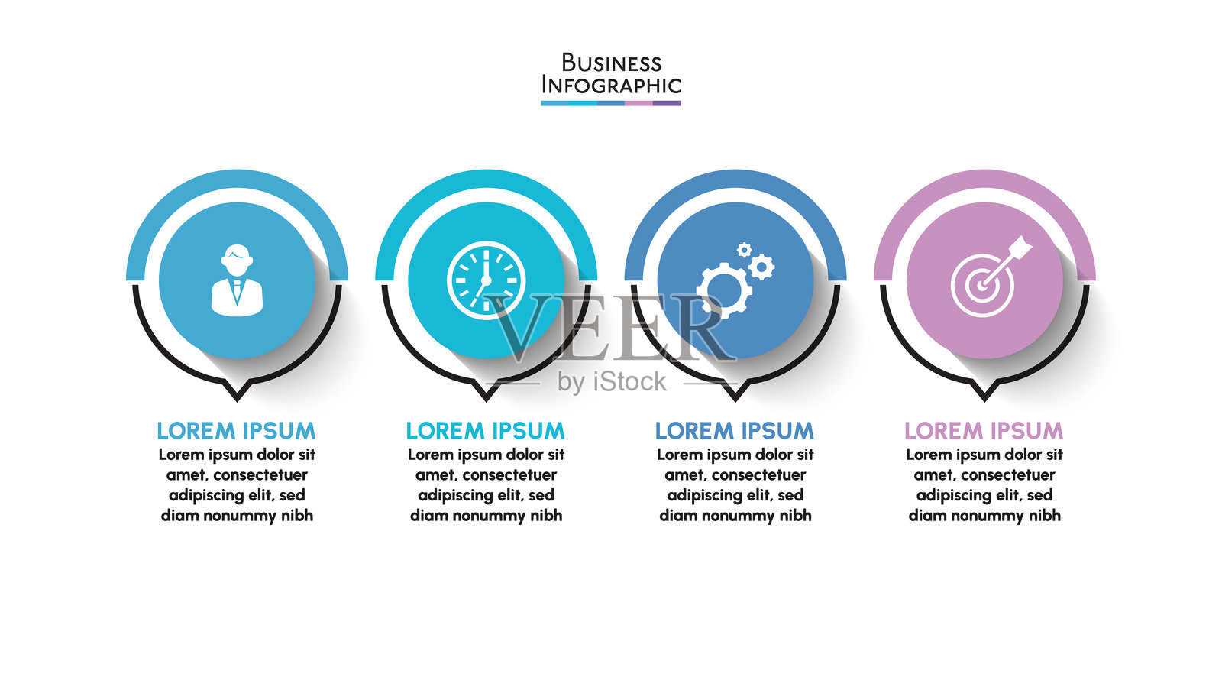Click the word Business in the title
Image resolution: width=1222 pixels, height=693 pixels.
pyautogui.click(x=611, y=63)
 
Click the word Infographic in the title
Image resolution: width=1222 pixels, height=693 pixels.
pyautogui.click(x=611, y=85)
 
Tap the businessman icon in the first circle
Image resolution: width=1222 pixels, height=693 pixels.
pyautogui.click(x=237, y=280)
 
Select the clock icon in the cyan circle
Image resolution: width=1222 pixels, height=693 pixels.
pyautogui.click(x=486, y=280)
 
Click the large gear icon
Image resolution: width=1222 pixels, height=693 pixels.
pyautogui.click(x=723, y=290)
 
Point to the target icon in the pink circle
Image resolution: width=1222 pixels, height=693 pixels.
pyautogui.click(x=983, y=285)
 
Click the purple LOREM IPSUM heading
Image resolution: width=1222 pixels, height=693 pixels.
pyautogui.click(x=984, y=431)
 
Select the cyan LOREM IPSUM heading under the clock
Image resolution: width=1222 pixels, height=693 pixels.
pyautogui.click(x=485, y=431)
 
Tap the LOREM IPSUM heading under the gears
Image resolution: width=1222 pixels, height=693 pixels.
pyautogui.click(x=735, y=431)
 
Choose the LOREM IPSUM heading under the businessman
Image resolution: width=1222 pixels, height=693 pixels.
pyautogui.click(x=236, y=431)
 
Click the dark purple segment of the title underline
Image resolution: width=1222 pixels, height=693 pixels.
pyautogui.click(x=666, y=103)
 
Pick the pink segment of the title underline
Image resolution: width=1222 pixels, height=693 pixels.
pyautogui.click(x=638, y=103)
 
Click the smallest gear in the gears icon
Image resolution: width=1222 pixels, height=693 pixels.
pyautogui.click(x=744, y=249)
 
